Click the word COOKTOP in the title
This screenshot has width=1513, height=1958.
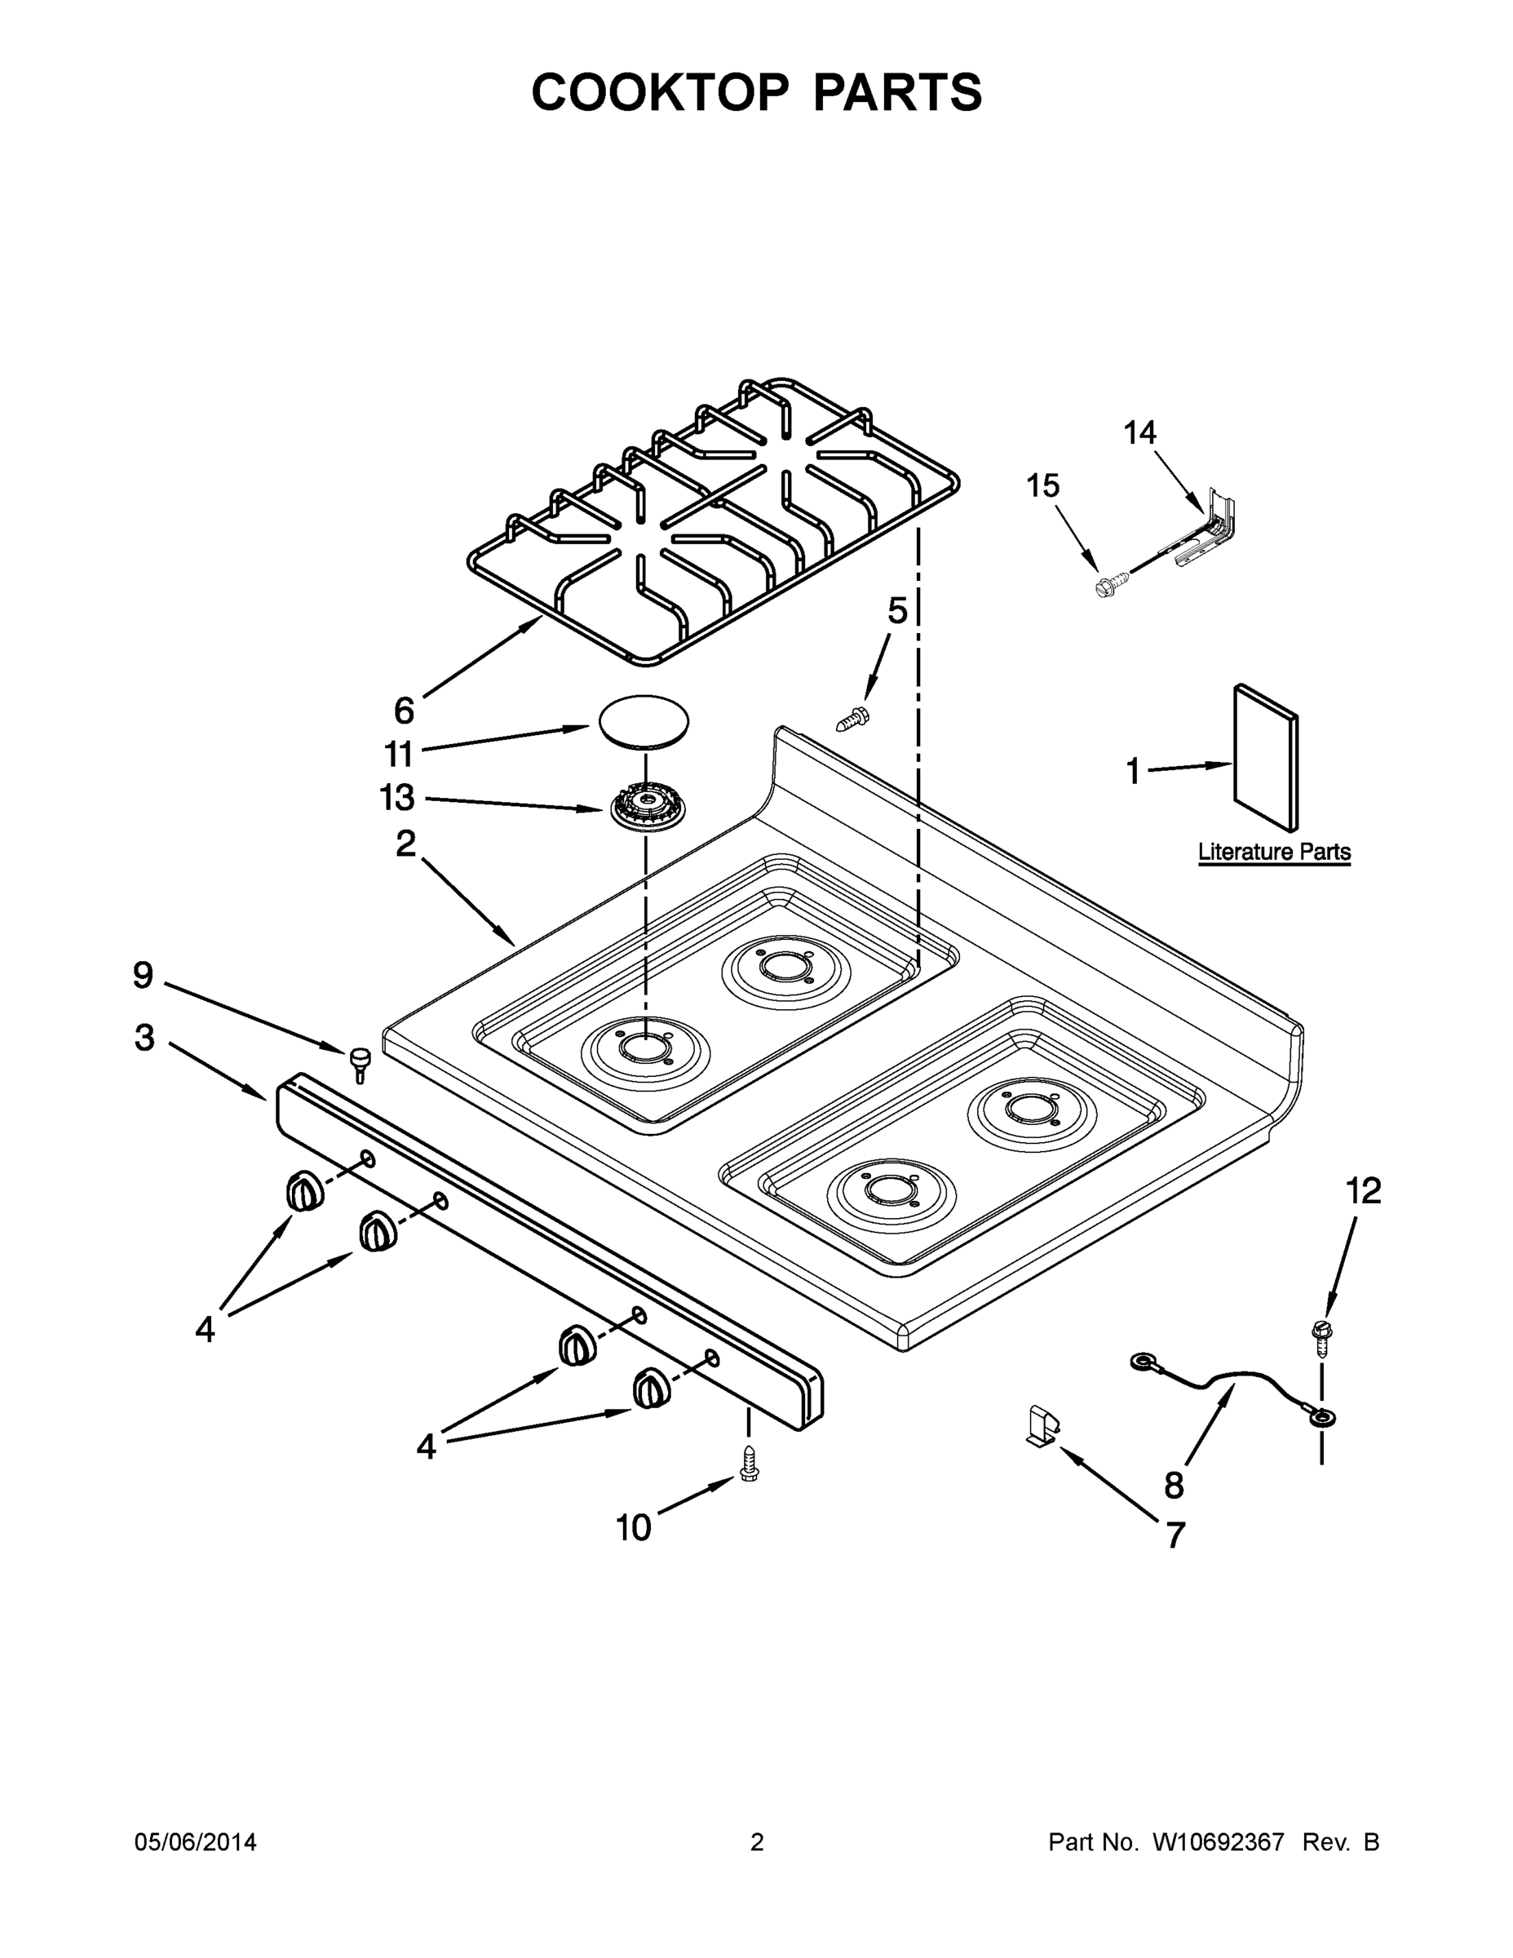coord(661,92)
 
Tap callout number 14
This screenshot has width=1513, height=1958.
coord(1139,433)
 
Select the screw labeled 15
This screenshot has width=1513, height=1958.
coord(1105,587)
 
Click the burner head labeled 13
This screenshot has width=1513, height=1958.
coord(644,804)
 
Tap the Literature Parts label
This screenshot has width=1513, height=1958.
coord(1274,852)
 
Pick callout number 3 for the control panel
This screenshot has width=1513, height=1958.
coord(144,1039)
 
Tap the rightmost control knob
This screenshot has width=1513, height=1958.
coord(651,1389)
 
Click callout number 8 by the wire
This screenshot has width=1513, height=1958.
coord(1175,1486)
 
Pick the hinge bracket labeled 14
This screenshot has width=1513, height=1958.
coord(1206,531)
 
